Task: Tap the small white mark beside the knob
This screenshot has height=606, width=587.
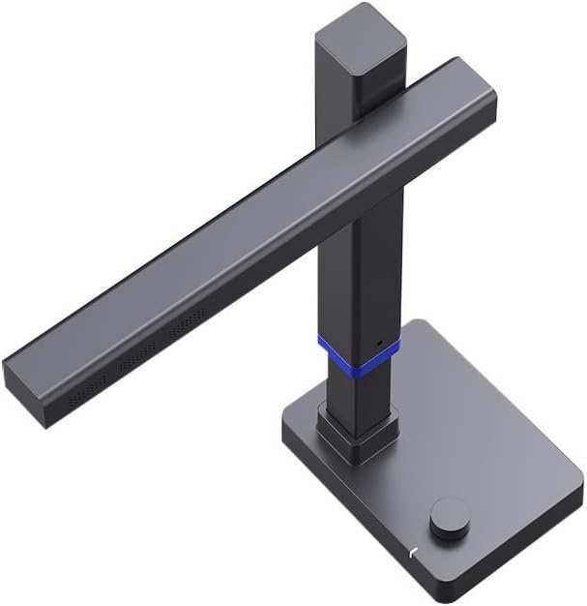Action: (x=412, y=552)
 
